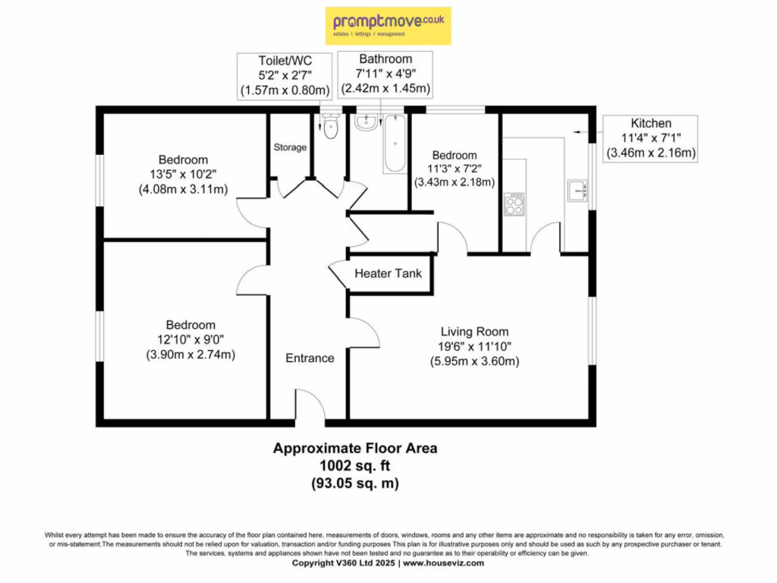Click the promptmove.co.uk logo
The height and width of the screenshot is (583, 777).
coord(388,26)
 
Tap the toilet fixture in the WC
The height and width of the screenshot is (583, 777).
coord(331,127)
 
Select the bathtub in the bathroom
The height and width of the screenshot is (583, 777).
coord(395,143)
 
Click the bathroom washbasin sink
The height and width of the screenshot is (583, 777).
coord(366,122)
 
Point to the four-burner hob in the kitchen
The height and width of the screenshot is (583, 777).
coord(514,204)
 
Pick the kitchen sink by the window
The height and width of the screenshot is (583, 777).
coord(577,191)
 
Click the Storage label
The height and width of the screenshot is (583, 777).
coord(290,147)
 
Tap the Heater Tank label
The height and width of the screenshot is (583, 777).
coord(388,273)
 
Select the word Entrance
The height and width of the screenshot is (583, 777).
coord(310,358)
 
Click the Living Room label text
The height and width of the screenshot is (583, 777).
coord(475,332)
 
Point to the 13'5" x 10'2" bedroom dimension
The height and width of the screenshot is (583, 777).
coord(183,175)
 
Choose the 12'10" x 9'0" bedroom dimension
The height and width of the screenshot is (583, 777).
coord(190,339)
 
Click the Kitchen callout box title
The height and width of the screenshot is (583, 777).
coord(651,124)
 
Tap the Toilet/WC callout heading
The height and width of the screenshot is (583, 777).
coord(285,61)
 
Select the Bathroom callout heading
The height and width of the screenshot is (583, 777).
coord(385,59)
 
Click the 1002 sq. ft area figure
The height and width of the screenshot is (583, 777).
coord(355,465)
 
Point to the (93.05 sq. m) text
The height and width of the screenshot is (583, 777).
coord(355,483)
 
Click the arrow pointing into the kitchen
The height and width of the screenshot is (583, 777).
coord(588,132)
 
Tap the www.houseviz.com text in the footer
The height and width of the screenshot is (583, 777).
coord(443,563)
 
